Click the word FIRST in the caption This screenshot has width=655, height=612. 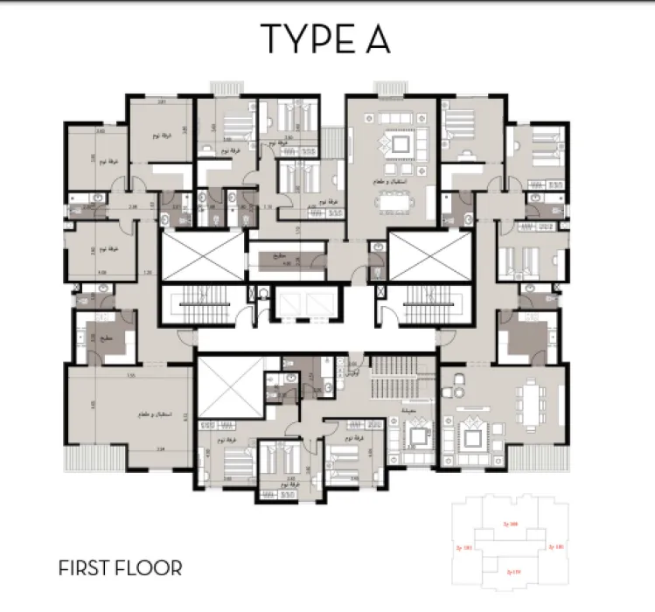point(86,568)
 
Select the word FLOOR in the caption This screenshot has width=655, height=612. point(150,568)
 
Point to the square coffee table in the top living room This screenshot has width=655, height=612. point(401,144)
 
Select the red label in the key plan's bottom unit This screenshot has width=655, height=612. point(514,573)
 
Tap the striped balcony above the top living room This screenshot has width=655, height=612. point(386,87)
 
